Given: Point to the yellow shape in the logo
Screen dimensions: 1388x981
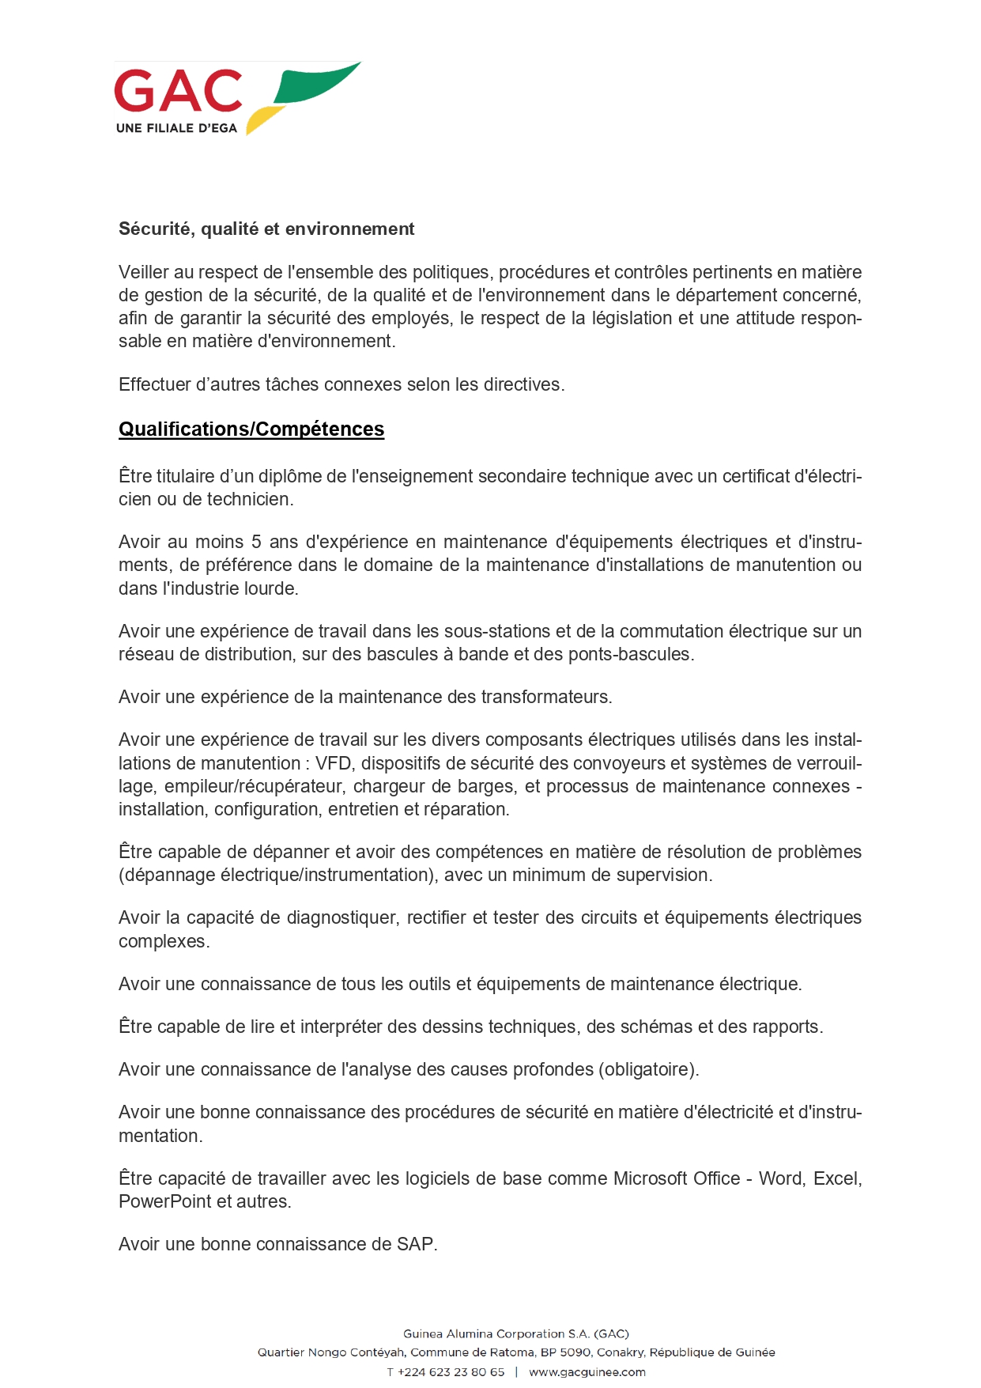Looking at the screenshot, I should pyautogui.click(x=262, y=120).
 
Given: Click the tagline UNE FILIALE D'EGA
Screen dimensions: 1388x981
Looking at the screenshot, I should pyautogui.click(x=176, y=128).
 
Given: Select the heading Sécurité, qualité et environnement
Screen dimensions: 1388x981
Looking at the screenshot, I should pyautogui.click(x=266, y=229).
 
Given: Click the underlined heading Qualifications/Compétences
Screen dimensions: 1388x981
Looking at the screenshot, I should pyautogui.click(x=251, y=429).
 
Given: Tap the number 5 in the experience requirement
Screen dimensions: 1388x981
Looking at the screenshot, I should pyautogui.click(x=256, y=542).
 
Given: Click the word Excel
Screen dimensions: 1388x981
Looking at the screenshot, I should pyautogui.click(x=837, y=1178).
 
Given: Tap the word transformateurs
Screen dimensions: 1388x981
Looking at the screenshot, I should pyautogui.click(x=546, y=697).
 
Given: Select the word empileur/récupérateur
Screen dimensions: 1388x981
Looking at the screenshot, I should pyautogui.click(x=254, y=786).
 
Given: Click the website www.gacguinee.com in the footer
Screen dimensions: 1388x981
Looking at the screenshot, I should pyautogui.click(x=587, y=1372).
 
